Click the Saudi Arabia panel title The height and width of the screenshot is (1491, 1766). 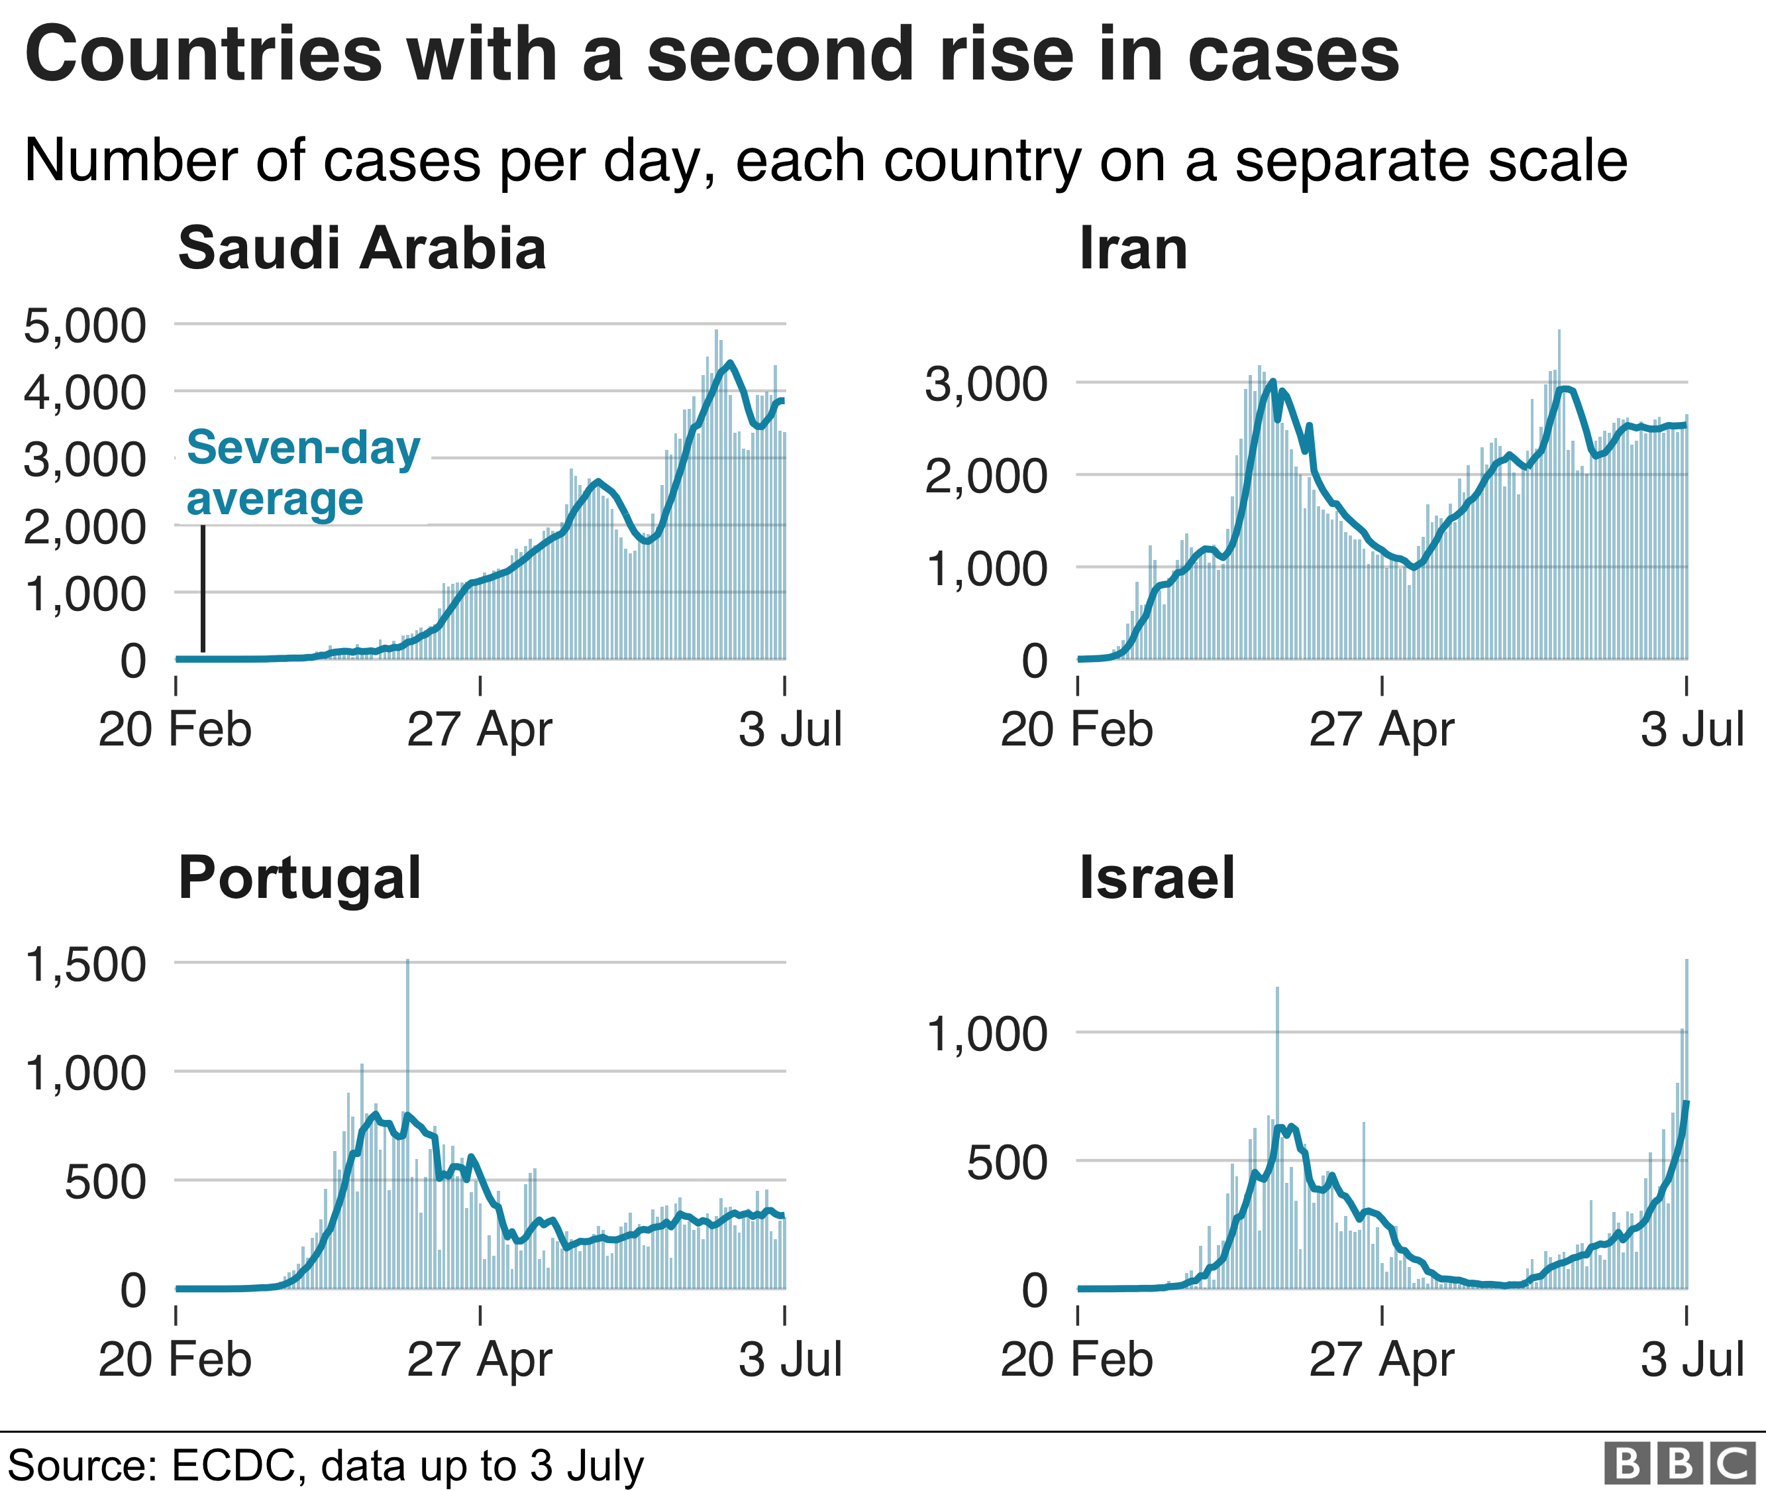click(362, 248)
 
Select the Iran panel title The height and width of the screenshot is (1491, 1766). click(1133, 248)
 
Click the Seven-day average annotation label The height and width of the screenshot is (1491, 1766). click(303, 472)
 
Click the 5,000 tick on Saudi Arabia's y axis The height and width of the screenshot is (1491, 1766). click(85, 325)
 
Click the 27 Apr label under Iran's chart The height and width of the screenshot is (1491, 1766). click(1382, 730)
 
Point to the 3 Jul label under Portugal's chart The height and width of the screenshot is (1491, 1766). click(790, 1359)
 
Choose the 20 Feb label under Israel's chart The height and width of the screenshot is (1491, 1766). click(1076, 1359)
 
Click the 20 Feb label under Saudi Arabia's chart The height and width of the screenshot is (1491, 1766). click(175, 730)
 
